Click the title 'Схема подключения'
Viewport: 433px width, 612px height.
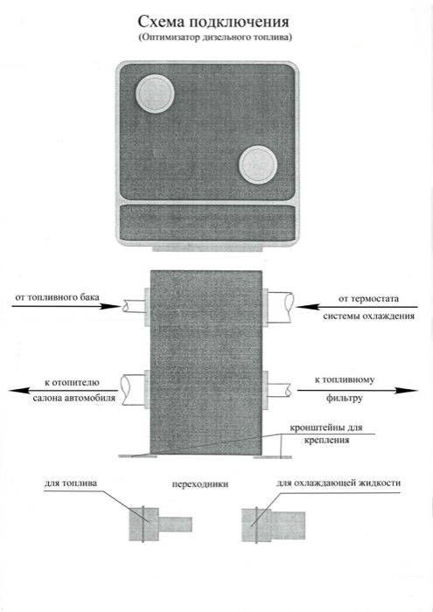coord(213,22)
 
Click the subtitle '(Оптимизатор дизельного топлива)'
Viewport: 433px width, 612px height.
coord(214,38)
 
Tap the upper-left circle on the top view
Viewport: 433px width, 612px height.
coord(155,94)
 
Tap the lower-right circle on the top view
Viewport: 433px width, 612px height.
coord(258,164)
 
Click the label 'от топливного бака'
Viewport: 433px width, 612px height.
coord(58,297)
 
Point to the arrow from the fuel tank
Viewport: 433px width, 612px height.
coord(66,306)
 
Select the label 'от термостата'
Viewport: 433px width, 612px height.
coord(368,299)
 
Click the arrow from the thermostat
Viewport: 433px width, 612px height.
coord(357,307)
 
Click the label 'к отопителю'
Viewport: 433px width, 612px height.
coord(72,383)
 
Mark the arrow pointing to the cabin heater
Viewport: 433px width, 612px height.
coord(63,390)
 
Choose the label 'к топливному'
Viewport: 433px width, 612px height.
coord(345,379)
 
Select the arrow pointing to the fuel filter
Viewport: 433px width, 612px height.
coord(358,390)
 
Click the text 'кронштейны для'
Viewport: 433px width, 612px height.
coord(326,428)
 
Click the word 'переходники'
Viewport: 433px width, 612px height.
coord(200,484)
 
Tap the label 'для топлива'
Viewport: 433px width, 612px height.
coord(70,483)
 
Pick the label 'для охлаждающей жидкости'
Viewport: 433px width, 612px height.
coord(339,483)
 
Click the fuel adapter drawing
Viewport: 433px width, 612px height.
coord(160,525)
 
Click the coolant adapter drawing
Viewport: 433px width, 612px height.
coord(273,525)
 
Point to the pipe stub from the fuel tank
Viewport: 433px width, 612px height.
coord(133,306)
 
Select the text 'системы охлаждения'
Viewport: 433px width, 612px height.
coord(368,316)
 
